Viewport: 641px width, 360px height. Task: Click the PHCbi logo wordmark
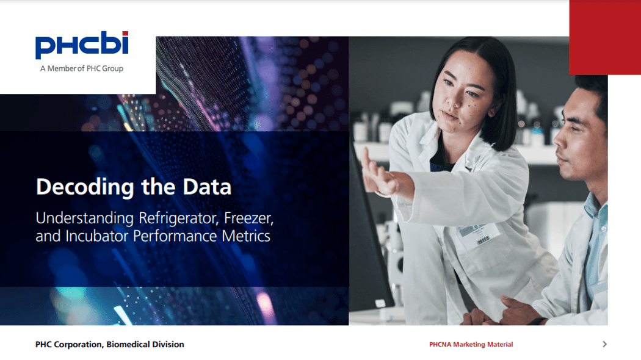point(82,45)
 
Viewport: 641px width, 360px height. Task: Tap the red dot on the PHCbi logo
point(125,34)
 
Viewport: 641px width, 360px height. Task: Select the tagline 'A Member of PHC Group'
point(82,69)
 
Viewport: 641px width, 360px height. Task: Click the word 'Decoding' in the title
point(85,187)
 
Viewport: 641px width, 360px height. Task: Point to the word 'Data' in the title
point(207,187)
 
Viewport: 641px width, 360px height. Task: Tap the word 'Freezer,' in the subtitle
point(248,218)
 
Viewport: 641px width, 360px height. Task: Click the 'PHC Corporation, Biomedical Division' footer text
point(109,345)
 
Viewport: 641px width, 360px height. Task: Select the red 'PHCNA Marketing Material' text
point(471,345)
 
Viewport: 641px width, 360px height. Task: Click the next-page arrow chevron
point(604,345)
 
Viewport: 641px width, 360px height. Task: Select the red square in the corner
point(605,37)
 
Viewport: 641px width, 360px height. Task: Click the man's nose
point(560,139)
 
